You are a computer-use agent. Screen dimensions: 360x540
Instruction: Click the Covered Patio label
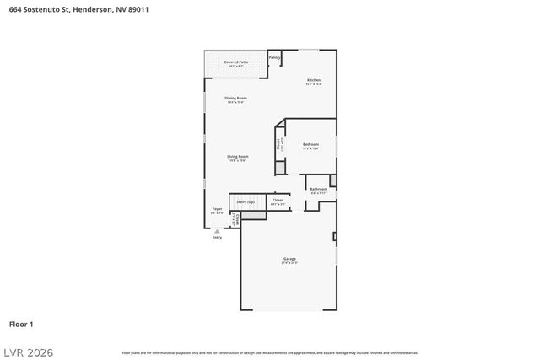click(x=236, y=62)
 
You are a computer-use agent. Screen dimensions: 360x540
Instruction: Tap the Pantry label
click(x=274, y=58)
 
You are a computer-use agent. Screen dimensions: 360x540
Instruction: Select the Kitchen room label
click(x=313, y=80)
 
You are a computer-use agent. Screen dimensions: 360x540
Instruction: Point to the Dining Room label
click(x=235, y=99)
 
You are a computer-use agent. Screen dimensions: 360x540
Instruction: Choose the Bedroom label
click(x=310, y=145)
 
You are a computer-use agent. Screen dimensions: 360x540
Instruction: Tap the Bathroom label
click(x=319, y=189)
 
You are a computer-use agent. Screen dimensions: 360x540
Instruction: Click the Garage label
click(x=289, y=259)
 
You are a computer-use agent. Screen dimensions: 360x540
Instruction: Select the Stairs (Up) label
click(x=245, y=202)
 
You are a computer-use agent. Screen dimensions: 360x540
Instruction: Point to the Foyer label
click(x=217, y=209)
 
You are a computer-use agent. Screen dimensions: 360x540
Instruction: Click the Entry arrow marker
click(x=217, y=230)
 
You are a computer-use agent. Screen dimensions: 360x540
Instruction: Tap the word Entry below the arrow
click(x=217, y=238)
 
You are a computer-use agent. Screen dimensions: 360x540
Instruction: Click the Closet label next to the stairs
click(x=278, y=201)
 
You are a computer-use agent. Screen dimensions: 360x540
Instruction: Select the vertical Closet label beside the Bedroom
click(x=279, y=144)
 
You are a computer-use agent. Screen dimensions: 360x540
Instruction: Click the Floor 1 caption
click(x=21, y=324)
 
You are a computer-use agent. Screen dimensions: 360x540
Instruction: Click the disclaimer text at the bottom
click(x=269, y=352)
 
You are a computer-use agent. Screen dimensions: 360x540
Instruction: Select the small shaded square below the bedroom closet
click(x=280, y=167)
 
